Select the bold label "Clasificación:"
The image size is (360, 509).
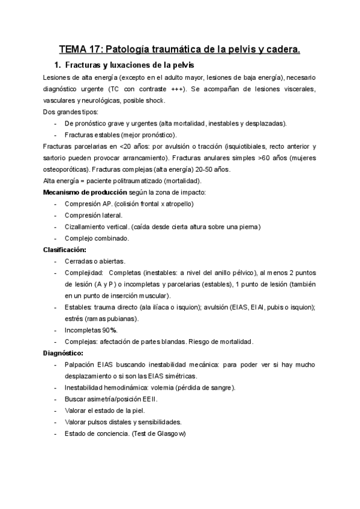[x=65, y=249]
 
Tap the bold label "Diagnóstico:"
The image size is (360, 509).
[x=63, y=353]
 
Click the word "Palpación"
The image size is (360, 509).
[x=80, y=364]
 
